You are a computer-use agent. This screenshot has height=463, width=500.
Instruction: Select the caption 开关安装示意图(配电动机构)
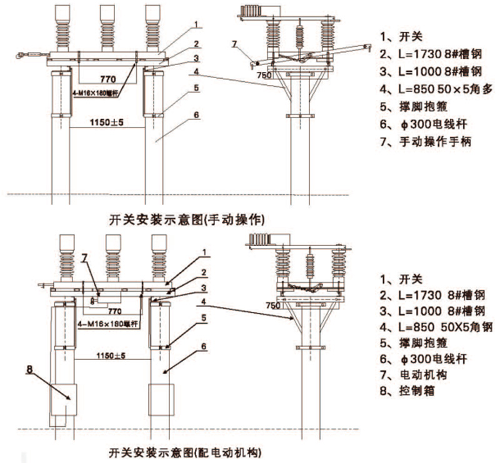[184, 451]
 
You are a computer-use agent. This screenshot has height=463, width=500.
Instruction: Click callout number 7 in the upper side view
[234, 44]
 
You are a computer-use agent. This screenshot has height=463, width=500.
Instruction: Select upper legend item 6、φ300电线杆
[424, 125]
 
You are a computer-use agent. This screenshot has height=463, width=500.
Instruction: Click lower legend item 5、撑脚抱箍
[415, 342]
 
